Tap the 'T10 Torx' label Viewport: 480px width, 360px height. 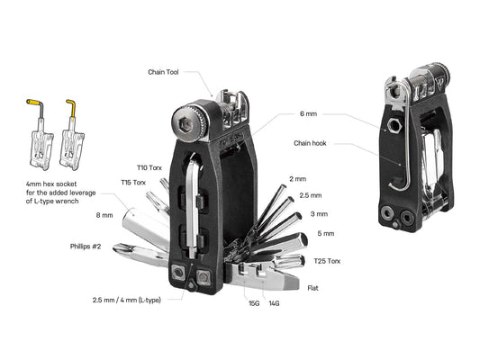(x=149, y=167)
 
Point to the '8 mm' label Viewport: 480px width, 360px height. (x=104, y=216)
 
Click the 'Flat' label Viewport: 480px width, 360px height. (x=312, y=289)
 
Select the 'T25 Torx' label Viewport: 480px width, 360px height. (x=327, y=261)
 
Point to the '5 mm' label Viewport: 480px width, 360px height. (x=326, y=234)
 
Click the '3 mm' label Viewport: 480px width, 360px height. (x=319, y=213)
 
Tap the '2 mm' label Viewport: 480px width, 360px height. (x=297, y=179)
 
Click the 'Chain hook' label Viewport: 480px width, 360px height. (x=311, y=142)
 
